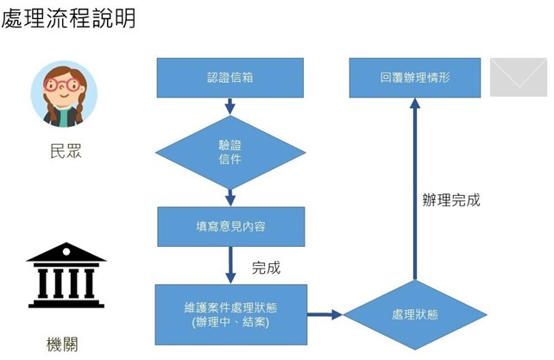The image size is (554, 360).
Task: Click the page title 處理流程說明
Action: click(x=69, y=18)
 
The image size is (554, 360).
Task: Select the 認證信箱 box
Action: click(x=230, y=78)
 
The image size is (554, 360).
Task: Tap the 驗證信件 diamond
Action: click(x=230, y=153)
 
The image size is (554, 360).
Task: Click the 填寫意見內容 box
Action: click(x=230, y=226)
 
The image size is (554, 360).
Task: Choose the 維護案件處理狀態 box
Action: click(x=230, y=314)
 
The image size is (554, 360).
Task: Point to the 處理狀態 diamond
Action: click(x=415, y=314)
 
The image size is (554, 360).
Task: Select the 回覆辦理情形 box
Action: click(x=415, y=78)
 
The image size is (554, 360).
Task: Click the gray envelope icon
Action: click(x=518, y=78)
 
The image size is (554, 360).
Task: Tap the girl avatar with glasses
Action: click(x=64, y=94)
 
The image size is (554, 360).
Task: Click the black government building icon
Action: click(x=66, y=275)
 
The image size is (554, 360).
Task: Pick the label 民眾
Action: click(x=66, y=152)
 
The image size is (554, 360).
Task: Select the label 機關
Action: click(x=66, y=344)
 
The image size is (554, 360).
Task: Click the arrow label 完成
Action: click(x=266, y=268)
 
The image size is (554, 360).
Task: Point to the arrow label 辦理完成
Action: click(x=450, y=200)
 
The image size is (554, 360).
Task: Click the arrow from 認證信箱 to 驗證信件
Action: click(x=230, y=106)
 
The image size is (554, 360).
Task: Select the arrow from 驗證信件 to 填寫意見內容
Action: click(x=230, y=197)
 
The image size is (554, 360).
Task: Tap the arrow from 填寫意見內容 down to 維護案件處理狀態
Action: click(x=230, y=264)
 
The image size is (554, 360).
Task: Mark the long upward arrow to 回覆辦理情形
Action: click(x=415, y=190)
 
